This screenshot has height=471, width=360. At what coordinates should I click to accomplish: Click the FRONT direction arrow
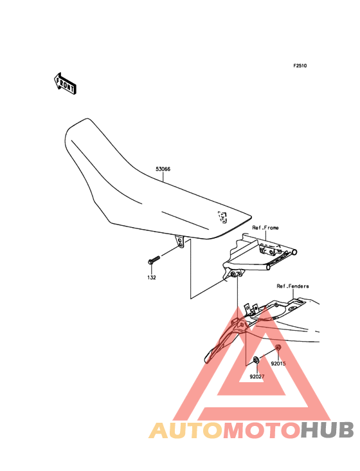[65, 84]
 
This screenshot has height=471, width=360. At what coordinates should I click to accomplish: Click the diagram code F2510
[300, 66]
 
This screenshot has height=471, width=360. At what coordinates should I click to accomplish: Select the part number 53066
[163, 169]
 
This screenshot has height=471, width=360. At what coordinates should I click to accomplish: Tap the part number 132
[152, 277]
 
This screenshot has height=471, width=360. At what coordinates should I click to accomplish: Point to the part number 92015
[278, 364]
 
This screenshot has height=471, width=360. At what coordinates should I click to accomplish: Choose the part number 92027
[257, 376]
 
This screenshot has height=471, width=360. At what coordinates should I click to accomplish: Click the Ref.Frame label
[265, 228]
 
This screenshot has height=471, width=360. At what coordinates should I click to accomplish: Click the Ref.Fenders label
[292, 286]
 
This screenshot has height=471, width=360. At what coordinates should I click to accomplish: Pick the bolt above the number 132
[154, 260]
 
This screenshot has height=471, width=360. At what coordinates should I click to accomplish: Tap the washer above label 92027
[256, 359]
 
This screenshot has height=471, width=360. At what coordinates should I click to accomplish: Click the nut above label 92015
[278, 347]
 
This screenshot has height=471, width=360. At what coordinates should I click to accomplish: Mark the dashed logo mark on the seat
[222, 217]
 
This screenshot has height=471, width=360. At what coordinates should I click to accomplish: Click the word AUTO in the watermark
[186, 430]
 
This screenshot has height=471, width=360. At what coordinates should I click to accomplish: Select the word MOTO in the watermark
[262, 430]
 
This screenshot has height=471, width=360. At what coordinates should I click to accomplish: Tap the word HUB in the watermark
[327, 430]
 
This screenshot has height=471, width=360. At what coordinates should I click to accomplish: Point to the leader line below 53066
[163, 177]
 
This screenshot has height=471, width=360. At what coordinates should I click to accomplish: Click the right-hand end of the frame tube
[295, 252]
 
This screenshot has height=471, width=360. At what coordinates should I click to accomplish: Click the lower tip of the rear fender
[207, 360]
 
